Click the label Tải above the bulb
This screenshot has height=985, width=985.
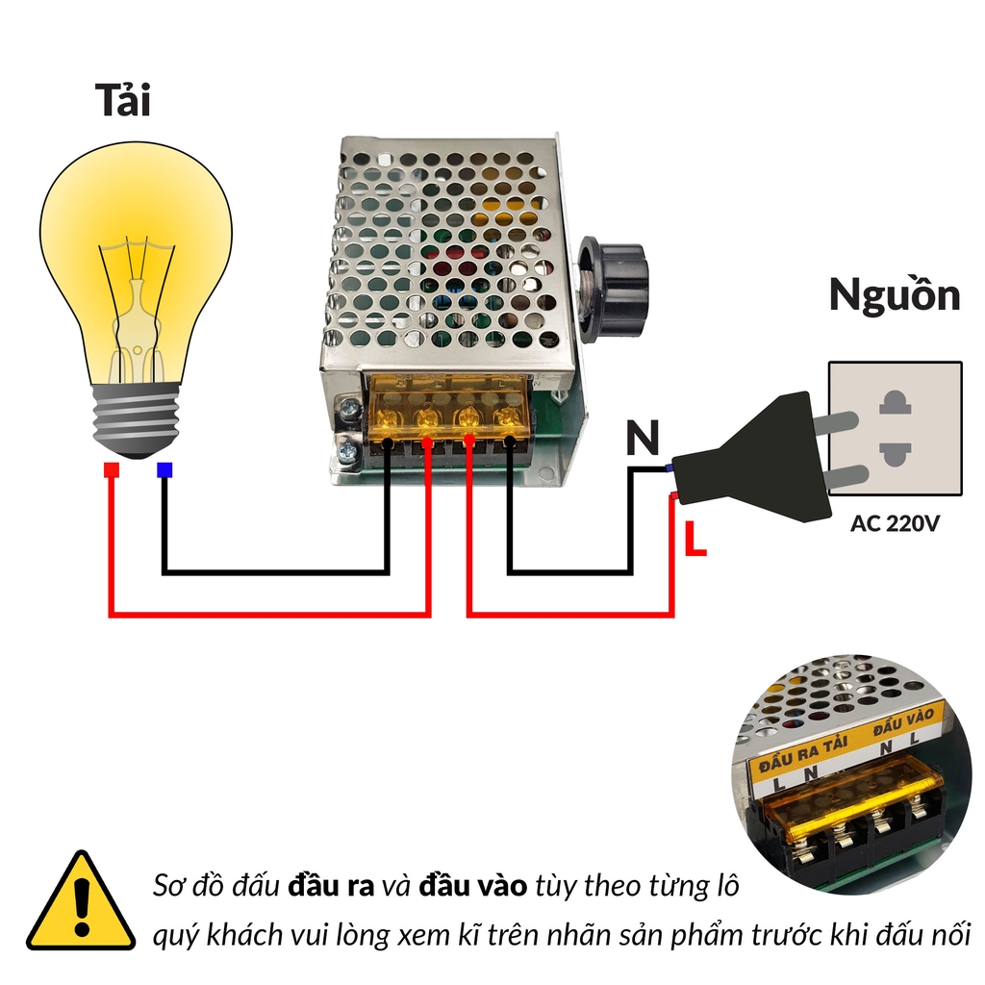123,101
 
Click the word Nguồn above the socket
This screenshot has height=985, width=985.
895,295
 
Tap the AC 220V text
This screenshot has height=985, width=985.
894,524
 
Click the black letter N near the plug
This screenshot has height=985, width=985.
643,439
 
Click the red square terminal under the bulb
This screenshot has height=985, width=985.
112,470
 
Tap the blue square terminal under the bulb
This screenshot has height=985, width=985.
164,470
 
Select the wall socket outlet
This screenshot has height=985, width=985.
895,428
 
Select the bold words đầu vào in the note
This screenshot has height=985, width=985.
472,886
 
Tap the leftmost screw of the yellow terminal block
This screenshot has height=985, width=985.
387,418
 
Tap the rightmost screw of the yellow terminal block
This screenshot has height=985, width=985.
505,417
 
